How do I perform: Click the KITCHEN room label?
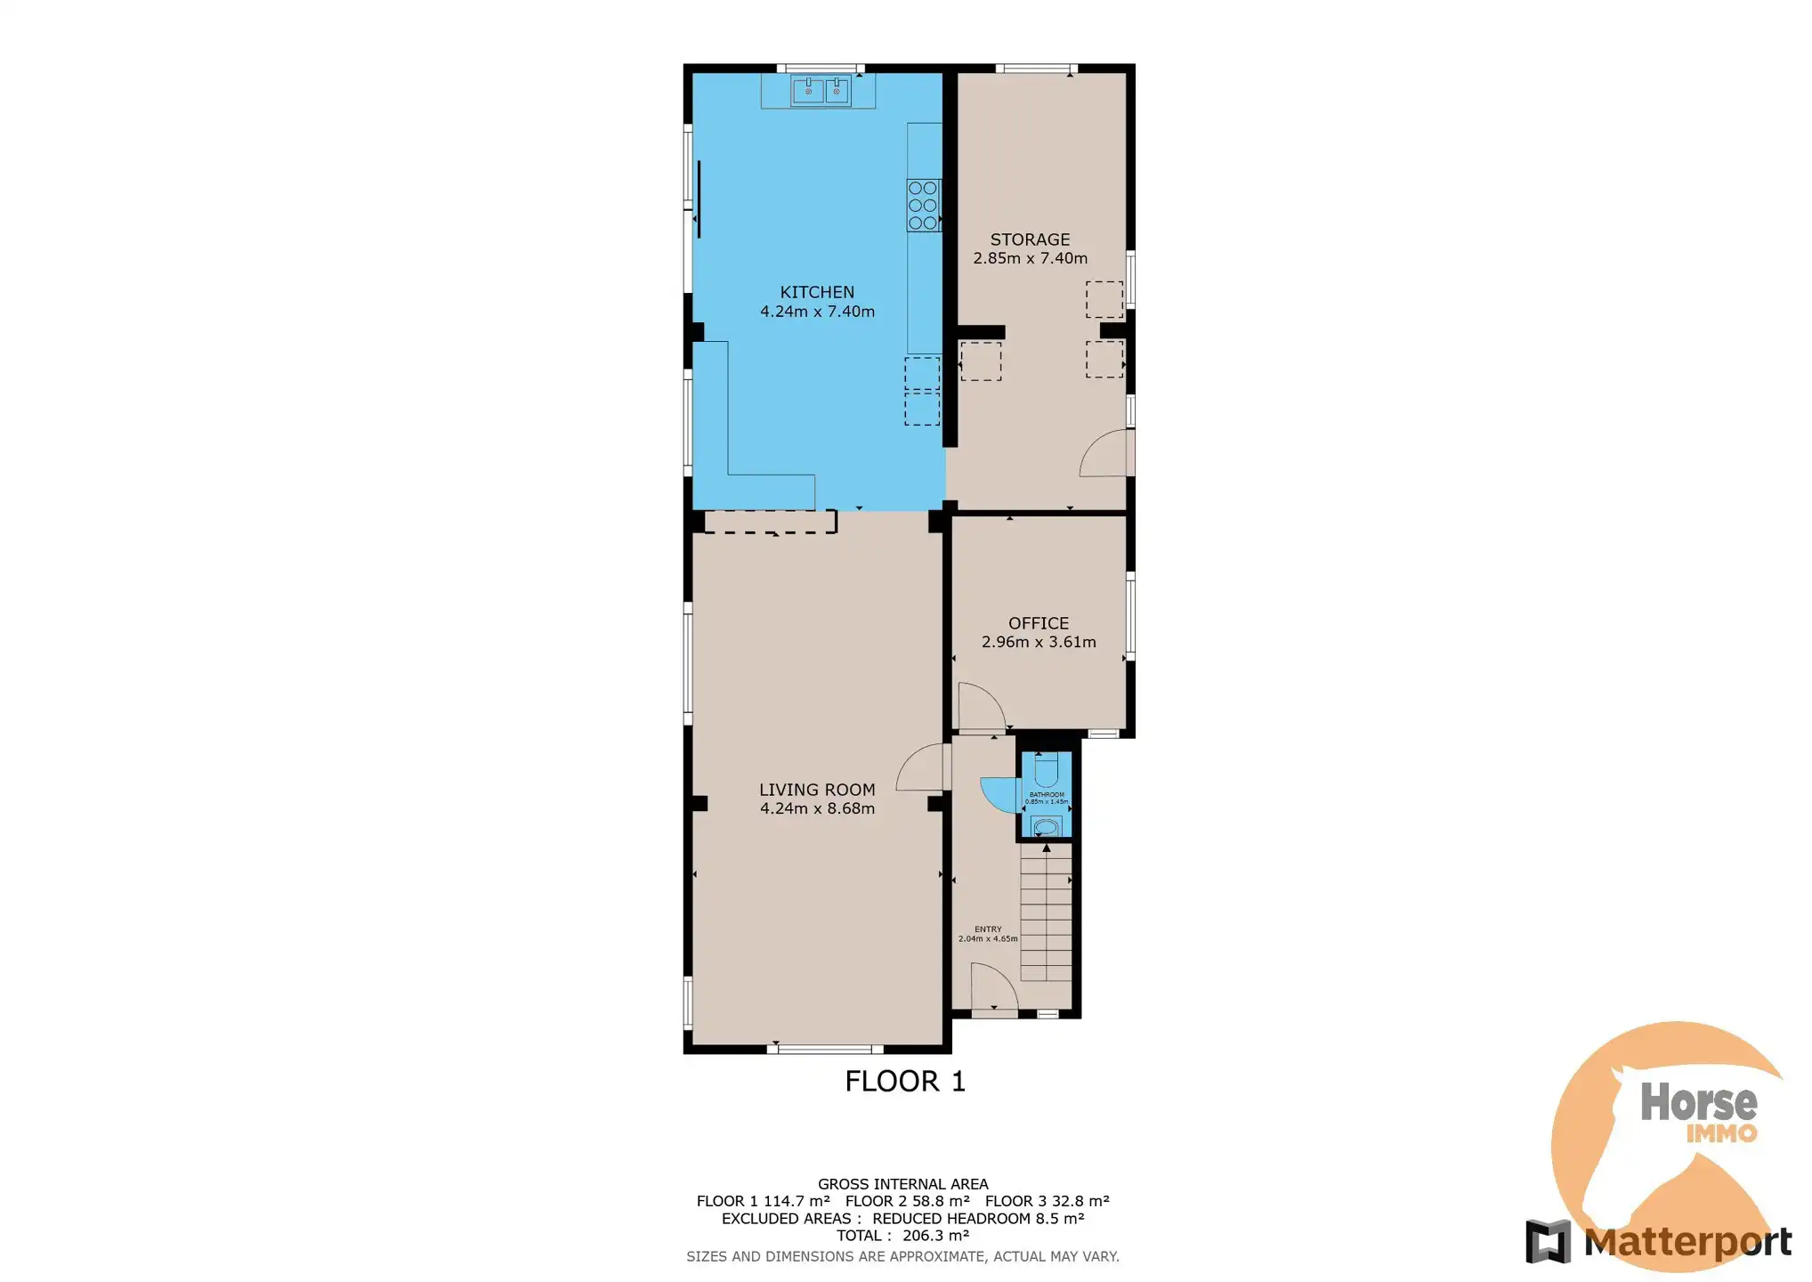coord(816,292)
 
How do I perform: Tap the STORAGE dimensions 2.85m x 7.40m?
coord(1030,258)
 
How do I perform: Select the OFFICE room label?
coord(1038,623)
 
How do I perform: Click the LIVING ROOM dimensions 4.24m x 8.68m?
coord(816,808)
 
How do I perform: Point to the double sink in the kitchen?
coord(821,91)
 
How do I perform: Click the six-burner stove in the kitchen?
coord(923,206)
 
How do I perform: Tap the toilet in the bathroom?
coord(1046,769)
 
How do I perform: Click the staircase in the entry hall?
coord(1046,913)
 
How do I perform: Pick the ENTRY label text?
coord(988,929)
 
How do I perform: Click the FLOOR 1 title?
coord(904,1081)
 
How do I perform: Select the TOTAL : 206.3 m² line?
coord(902,1236)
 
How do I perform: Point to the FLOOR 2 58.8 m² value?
coord(907,1201)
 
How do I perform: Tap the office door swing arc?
coord(980,708)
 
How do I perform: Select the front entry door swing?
coord(993,990)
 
